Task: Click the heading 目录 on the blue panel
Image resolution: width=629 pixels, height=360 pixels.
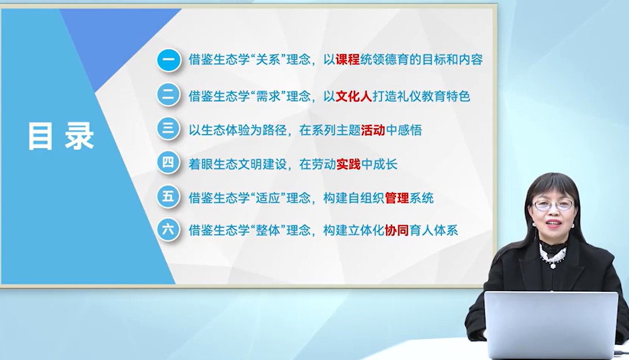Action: click(61, 136)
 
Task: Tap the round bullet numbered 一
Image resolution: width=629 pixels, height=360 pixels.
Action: click(168, 60)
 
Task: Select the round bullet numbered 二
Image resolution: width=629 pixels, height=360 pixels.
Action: click(168, 95)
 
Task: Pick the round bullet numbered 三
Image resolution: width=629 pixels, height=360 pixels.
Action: click(168, 128)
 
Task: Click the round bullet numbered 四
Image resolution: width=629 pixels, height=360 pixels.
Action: click(168, 162)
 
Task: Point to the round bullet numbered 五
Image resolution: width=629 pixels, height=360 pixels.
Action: click(168, 196)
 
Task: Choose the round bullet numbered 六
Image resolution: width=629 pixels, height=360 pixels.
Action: click(168, 229)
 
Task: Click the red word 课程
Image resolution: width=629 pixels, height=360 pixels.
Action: click(348, 60)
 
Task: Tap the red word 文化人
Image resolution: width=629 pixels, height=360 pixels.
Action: click(354, 97)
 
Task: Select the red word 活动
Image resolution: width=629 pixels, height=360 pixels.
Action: click(373, 130)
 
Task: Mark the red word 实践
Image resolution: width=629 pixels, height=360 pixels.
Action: click(349, 164)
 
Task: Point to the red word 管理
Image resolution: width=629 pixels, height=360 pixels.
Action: click(397, 198)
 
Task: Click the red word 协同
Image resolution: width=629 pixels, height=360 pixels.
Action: click(397, 230)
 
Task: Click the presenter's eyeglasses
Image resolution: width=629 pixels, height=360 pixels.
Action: click(554, 205)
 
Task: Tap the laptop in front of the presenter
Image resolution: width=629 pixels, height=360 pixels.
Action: click(552, 324)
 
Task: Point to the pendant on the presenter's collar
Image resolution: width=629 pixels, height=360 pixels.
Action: click(553, 265)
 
